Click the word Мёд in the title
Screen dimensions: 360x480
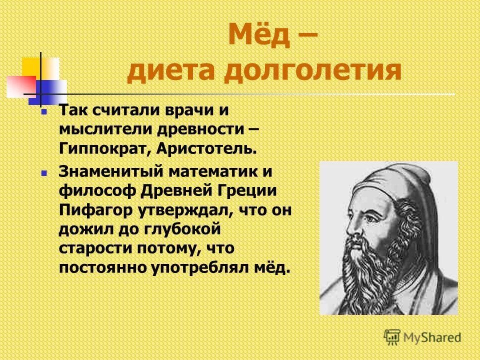click(259, 36)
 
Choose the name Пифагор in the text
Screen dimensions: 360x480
click(93, 208)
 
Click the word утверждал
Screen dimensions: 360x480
click(177, 208)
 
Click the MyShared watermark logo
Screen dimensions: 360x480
click(422, 336)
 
